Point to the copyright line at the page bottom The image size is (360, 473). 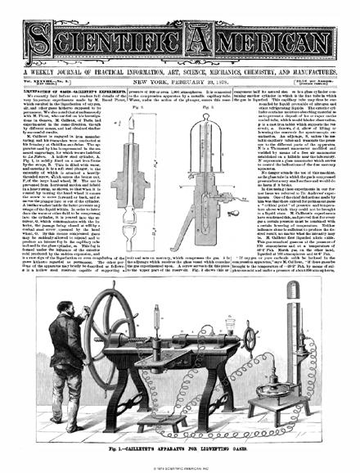(x=180, y=467)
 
